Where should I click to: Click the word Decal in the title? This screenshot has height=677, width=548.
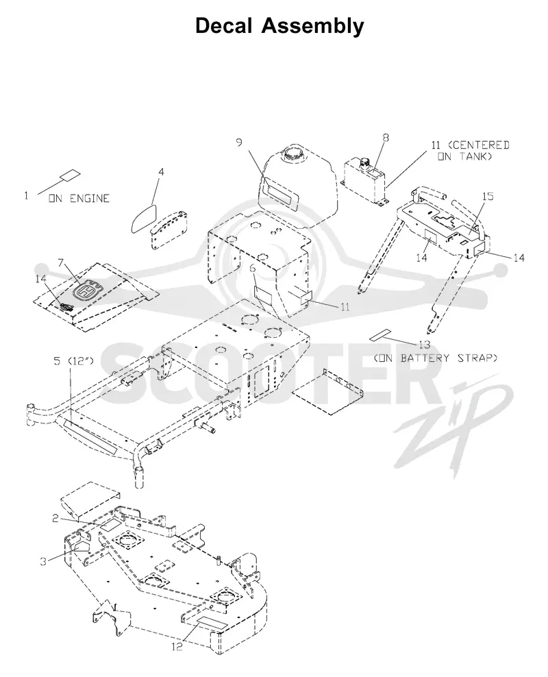[223, 25]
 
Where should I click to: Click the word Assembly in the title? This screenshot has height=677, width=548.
[313, 26]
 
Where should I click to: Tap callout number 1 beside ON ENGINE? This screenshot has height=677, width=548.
[26, 195]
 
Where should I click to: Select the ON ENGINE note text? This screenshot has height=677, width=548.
[79, 199]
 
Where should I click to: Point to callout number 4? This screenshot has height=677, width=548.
[161, 172]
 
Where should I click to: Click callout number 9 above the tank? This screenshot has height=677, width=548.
[240, 142]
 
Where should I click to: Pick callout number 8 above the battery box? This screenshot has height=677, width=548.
[386, 137]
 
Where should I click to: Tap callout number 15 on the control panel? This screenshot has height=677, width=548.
[488, 196]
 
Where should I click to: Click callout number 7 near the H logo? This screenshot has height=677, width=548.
[61, 262]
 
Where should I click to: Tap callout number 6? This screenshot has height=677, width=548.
[253, 269]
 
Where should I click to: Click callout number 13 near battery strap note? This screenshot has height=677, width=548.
[425, 345]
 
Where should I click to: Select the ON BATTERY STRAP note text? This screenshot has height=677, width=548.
[436, 358]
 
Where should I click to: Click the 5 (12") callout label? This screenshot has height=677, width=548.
[74, 360]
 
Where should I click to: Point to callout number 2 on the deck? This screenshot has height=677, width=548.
[55, 518]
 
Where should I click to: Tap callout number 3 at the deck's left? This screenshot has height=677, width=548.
[43, 561]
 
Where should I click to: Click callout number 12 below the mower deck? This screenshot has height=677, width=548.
[177, 646]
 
